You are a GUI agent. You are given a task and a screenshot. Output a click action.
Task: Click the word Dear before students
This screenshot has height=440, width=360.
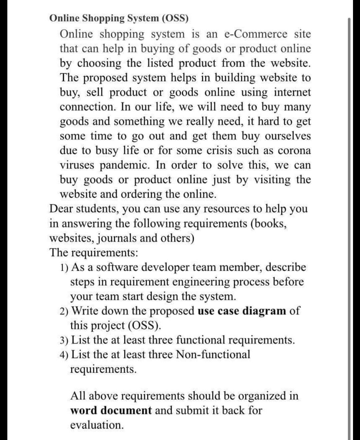pyautogui.click(x=61, y=209)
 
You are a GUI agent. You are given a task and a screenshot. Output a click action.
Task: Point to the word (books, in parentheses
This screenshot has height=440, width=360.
pyautogui.click(x=268, y=224)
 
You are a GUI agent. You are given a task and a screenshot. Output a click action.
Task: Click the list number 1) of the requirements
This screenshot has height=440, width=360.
pyautogui.click(x=65, y=268)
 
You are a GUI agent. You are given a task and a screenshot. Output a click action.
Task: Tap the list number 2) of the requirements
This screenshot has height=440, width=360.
pyautogui.click(x=65, y=311)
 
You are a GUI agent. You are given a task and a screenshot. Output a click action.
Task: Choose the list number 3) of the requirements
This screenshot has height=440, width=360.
pyautogui.click(x=65, y=340)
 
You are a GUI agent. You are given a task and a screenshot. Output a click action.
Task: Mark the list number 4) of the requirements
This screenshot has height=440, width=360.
pyautogui.click(x=65, y=355)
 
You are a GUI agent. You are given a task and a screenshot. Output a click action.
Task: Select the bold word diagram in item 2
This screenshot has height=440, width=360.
pyautogui.click(x=264, y=311)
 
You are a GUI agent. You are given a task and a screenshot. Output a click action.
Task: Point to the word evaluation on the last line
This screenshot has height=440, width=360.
pyautogui.click(x=97, y=425)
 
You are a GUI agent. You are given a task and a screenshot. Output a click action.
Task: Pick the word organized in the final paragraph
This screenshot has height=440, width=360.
pyautogui.click(x=262, y=396)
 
